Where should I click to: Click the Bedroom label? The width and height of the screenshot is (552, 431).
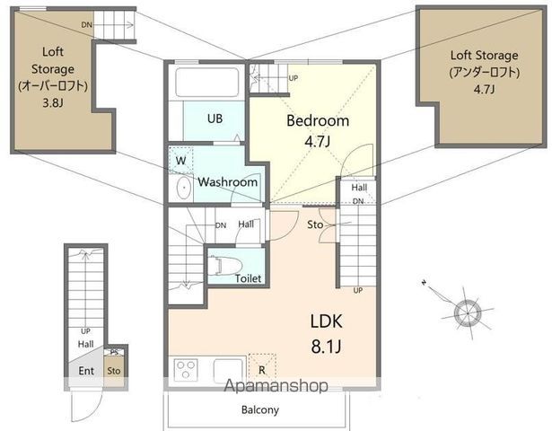click(x=318, y=122)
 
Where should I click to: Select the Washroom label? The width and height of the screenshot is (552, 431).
click(x=228, y=182)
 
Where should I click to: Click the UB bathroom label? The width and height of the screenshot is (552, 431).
click(x=215, y=118)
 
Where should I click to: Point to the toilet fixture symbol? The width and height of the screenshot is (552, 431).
click(x=222, y=266)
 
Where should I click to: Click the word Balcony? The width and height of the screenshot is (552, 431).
click(x=259, y=410)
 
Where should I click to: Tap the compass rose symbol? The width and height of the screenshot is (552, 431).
click(x=467, y=312)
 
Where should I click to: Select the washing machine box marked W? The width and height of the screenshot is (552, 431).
click(x=181, y=161)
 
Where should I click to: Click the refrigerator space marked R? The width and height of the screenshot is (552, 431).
click(x=261, y=367)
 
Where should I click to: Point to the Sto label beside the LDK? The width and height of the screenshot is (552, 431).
click(x=316, y=224)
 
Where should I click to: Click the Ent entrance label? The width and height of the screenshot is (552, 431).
click(x=86, y=370)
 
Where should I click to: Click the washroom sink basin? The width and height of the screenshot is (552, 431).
click(x=182, y=188)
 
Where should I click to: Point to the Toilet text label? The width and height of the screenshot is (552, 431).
click(x=248, y=278)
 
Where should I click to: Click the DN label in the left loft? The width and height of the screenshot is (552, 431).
click(x=86, y=24)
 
